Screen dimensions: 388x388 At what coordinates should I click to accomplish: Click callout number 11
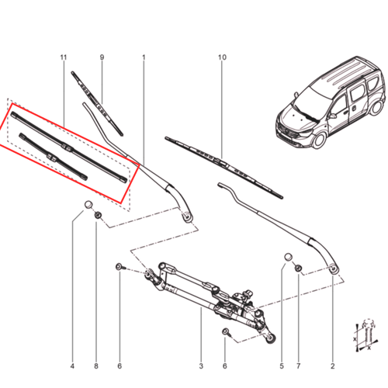64,57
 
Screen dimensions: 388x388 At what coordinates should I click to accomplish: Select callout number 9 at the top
102,57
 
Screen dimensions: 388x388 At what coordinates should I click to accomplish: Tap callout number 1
144,57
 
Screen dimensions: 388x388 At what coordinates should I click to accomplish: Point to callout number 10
222,57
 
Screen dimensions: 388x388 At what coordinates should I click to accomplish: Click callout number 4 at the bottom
72,366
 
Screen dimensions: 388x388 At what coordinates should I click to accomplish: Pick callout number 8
96,366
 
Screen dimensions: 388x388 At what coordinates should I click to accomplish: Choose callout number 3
201,366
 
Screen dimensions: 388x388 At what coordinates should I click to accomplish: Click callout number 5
282,366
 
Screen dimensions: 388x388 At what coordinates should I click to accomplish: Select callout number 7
299,366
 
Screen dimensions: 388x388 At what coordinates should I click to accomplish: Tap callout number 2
333,366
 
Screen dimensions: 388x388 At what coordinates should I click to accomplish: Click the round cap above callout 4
88,205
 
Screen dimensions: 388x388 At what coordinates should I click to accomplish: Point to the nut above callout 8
98,215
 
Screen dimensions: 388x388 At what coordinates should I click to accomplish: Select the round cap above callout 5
289,258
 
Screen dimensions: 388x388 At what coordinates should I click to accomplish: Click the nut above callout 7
298,268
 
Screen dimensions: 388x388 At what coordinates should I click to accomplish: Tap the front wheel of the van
319,140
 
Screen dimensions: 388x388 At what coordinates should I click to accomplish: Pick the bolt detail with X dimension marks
365,335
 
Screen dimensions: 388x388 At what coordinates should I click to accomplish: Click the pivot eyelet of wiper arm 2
334,269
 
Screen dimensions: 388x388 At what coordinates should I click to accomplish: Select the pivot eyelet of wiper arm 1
187,217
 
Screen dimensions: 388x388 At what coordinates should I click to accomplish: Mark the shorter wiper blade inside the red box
53,156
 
